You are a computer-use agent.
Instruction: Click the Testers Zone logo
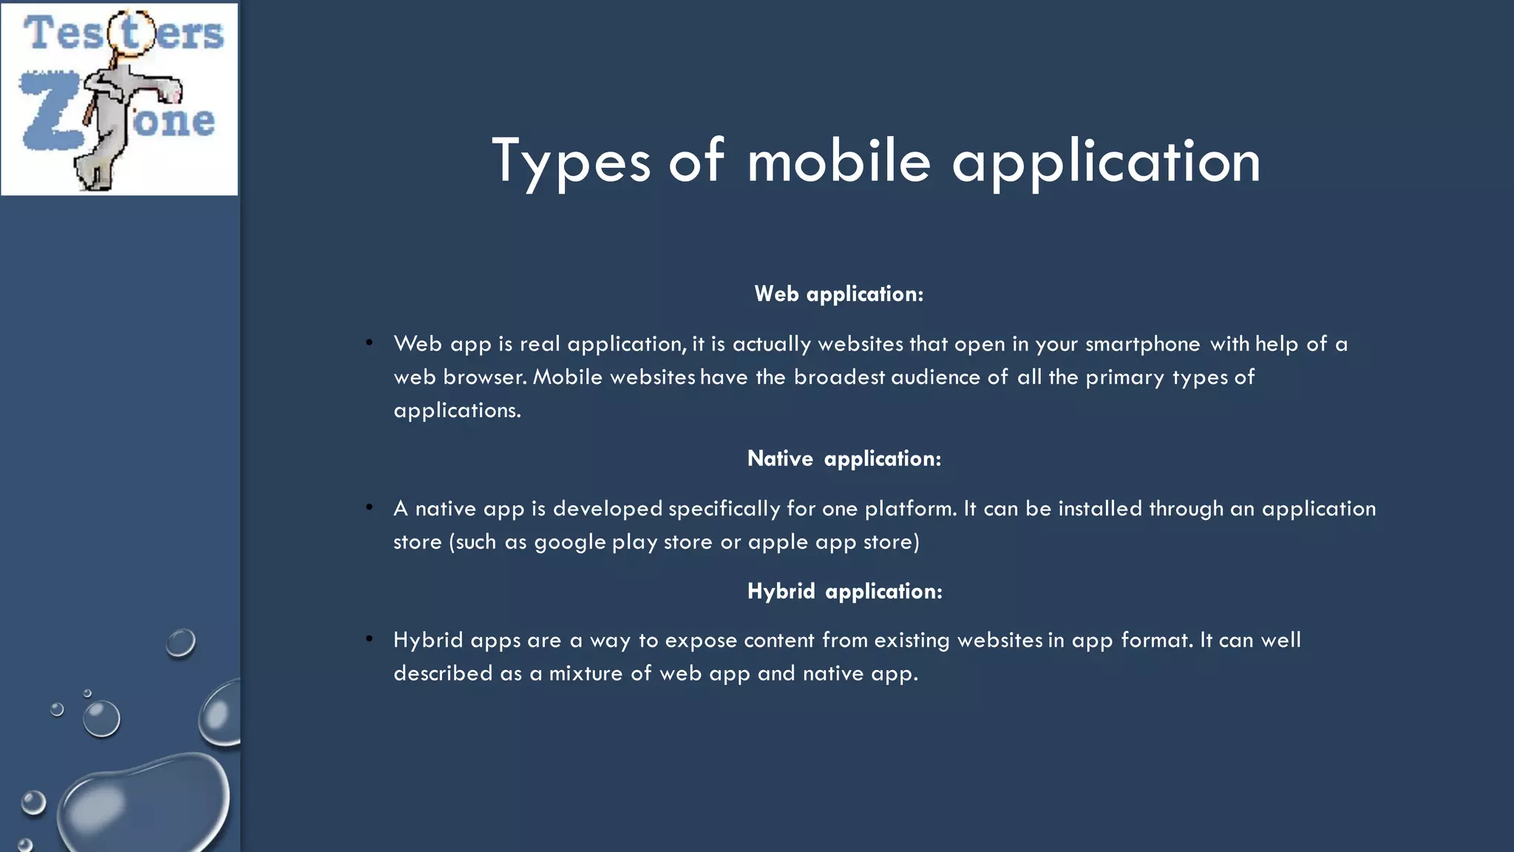[119, 99]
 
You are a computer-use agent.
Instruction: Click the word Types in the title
[571, 161]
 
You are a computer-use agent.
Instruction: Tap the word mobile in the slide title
[838, 161]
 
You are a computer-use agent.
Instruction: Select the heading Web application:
[839, 294]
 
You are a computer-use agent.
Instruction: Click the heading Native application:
[844, 459]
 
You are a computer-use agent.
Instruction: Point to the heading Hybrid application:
[845, 592]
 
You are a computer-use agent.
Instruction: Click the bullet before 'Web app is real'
[369, 342]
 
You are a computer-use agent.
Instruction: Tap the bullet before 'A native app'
[369, 507]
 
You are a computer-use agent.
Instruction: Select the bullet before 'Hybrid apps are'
[369, 638]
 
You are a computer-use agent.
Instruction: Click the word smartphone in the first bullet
[1142, 345]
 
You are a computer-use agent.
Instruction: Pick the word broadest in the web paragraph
[839, 377]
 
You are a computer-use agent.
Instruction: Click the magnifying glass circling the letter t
[132, 33]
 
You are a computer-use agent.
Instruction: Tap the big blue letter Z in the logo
[49, 111]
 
